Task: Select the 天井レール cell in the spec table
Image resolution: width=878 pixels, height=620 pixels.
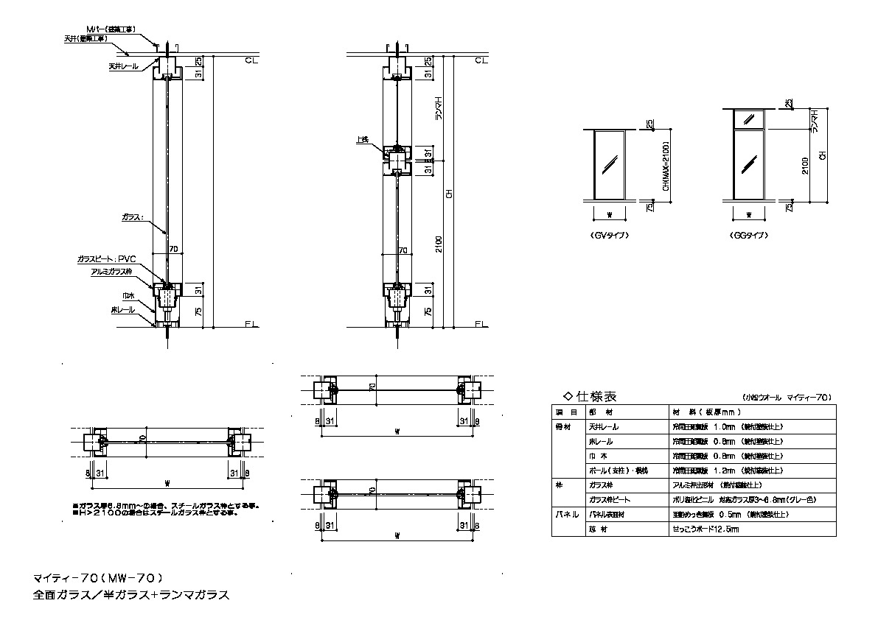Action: point(604,426)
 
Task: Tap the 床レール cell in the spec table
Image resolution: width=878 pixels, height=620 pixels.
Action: point(601,441)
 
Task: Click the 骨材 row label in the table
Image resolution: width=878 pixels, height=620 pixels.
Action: point(563,426)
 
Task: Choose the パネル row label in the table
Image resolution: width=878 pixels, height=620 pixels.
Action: point(566,514)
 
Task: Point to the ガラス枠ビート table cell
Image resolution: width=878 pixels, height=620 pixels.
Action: point(610,499)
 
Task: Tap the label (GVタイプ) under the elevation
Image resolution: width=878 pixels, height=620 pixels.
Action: point(609,236)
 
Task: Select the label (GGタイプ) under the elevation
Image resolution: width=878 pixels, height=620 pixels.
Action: point(748,236)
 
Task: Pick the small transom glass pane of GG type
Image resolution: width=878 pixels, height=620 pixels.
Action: point(748,118)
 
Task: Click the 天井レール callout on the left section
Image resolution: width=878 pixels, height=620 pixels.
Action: point(123,66)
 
